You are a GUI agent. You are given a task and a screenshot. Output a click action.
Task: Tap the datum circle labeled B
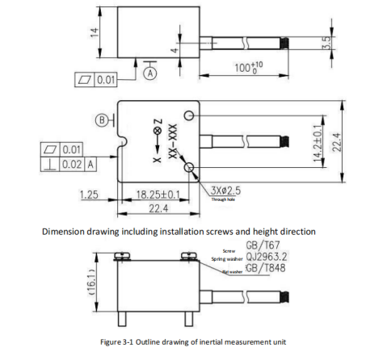coord(103,120)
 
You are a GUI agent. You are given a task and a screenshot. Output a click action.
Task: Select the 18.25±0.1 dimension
coord(157,195)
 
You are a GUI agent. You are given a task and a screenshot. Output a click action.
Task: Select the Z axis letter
coord(158,121)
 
